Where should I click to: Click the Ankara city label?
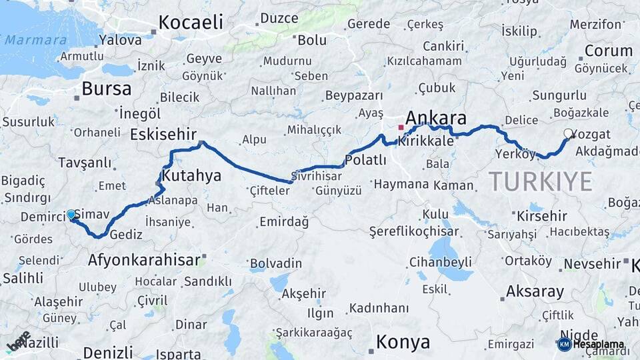[x=436, y=117]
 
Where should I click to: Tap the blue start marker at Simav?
[x=71, y=214]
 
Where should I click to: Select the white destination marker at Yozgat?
[x=569, y=133]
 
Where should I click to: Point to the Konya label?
[x=403, y=342]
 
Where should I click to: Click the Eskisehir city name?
[x=163, y=134]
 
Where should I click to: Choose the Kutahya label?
[x=191, y=176]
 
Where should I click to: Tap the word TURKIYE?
[x=541, y=181]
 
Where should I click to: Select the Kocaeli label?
[x=191, y=22]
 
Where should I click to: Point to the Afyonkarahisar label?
[x=144, y=260]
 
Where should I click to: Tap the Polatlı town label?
[x=365, y=160]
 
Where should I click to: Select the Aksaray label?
[x=535, y=291]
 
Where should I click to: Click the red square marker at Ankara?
[x=401, y=127]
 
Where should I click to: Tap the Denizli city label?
[x=108, y=351]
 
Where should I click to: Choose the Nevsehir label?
[x=592, y=264]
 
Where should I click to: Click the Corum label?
[x=608, y=51]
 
